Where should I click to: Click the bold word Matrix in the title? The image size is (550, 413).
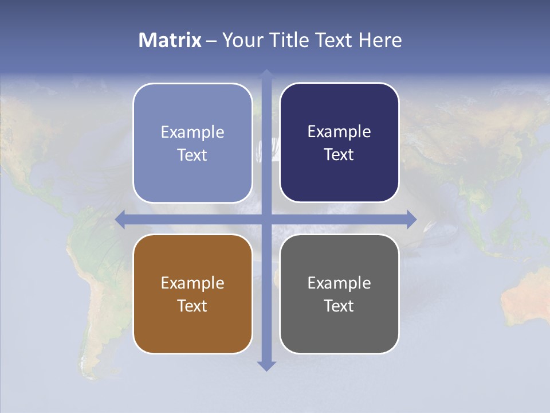pos(170,40)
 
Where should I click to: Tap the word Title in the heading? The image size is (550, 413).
pos(287,40)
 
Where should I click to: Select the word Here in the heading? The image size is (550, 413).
pos(380,40)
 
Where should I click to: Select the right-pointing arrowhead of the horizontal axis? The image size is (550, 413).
pos(411,219)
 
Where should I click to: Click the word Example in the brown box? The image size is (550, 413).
pos(192,283)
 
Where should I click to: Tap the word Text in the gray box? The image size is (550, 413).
pos(339,306)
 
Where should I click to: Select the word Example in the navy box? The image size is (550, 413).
pos(339,132)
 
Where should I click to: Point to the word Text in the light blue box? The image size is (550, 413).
pos(192,155)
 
